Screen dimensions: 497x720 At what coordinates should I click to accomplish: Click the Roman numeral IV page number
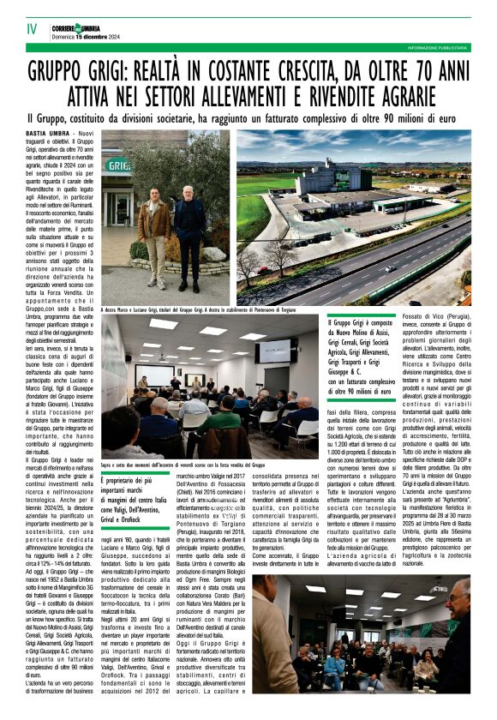[x=32, y=29]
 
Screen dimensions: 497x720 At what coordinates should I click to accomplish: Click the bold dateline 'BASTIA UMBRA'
[x=48, y=136]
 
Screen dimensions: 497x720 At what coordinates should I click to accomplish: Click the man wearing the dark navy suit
[x=189, y=236]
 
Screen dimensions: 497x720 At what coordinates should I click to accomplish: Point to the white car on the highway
[x=391, y=268]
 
